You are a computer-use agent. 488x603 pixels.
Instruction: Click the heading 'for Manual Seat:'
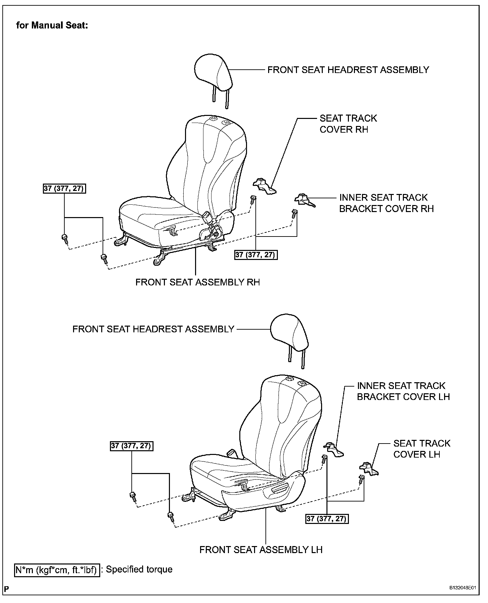coord(52,25)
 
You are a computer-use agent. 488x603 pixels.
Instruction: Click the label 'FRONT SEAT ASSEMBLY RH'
coord(197,282)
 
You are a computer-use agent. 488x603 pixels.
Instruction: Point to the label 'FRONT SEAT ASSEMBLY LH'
coord(261,550)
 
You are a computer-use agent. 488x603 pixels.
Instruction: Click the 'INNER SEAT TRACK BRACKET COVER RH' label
coord(386,203)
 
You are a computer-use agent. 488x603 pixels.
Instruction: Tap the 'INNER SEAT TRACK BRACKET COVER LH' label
coord(403,391)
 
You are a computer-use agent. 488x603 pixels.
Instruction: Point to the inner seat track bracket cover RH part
coord(304,200)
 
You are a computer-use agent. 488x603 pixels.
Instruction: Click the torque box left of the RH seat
coord(64,189)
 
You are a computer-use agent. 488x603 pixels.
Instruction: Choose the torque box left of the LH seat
coord(132,446)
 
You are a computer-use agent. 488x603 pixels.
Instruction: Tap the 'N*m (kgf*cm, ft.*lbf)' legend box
coord(57,570)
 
